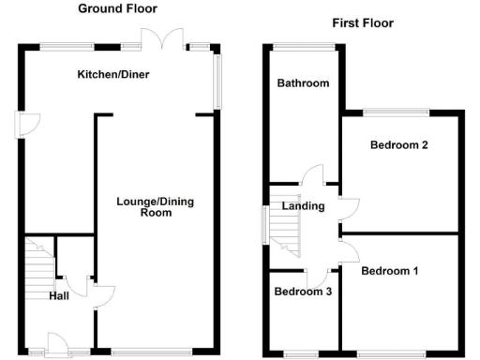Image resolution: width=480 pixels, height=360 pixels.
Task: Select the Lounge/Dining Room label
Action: tap(156, 207)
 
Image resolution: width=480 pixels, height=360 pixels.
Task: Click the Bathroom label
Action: tap(303, 83)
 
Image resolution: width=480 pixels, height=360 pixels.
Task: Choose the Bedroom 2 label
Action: tap(399, 145)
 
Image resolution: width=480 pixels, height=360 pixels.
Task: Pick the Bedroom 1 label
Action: tap(390, 272)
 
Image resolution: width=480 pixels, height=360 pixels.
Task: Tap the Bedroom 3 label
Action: tap(303, 292)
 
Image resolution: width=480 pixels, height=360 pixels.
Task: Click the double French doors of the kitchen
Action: tap(160, 38)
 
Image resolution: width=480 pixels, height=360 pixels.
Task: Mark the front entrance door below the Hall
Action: tap(56, 346)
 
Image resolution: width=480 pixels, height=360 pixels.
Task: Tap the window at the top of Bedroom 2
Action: tap(397, 113)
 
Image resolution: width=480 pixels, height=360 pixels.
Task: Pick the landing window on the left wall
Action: tap(265, 226)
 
